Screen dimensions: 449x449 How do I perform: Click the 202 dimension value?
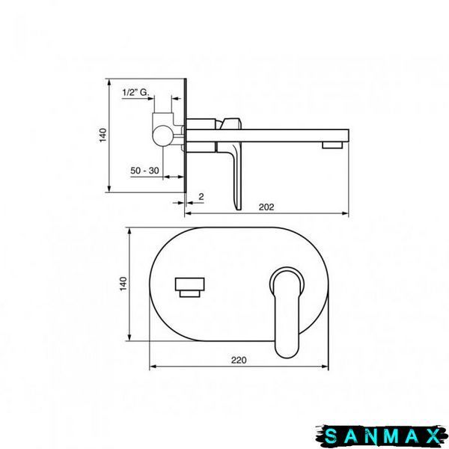pyautogui.click(x=266, y=207)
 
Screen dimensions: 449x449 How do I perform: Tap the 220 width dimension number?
pyautogui.click(x=239, y=360)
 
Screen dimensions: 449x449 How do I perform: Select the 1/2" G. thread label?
pyautogui.click(x=135, y=92)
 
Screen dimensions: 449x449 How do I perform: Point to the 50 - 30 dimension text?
pyautogui.click(x=144, y=171)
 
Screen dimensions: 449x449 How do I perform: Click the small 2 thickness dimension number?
pyautogui.click(x=201, y=197)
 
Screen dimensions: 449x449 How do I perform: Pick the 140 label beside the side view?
pyautogui.click(x=103, y=135)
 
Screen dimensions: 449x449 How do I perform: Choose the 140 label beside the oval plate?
pyautogui.click(x=123, y=284)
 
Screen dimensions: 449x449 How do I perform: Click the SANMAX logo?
pyautogui.click(x=382, y=436)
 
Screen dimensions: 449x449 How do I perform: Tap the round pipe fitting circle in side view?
pyautogui.click(x=162, y=135)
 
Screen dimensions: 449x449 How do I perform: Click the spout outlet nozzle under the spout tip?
pyautogui.click(x=332, y=145)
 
